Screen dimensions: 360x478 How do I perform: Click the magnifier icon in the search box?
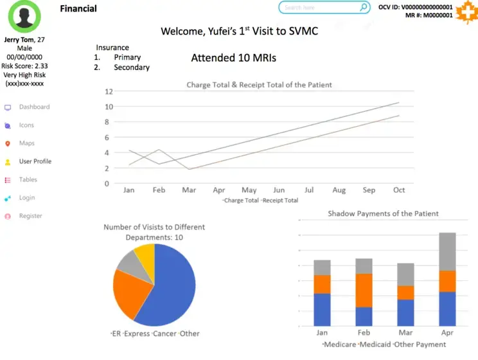pos(364,8)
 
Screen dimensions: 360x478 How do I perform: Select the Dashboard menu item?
pos(34,107)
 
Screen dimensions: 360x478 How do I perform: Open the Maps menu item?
pos(26,143)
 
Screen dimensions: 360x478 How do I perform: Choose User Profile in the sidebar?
pos(35,161)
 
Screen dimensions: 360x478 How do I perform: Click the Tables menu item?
pos(28,180)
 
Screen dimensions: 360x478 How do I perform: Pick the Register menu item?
pos(30,217)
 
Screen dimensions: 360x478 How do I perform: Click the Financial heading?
pos(78,8)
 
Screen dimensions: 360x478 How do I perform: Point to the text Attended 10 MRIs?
pos(234,58)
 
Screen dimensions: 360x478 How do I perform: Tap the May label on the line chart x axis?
pos(249,190)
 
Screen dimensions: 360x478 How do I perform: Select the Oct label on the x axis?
pos(399,190)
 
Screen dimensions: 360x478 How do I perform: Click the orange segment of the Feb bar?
pos(364,290)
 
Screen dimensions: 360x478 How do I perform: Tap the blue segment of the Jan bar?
pos(322,309)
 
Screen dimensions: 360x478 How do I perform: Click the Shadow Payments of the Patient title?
pos(383,213)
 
